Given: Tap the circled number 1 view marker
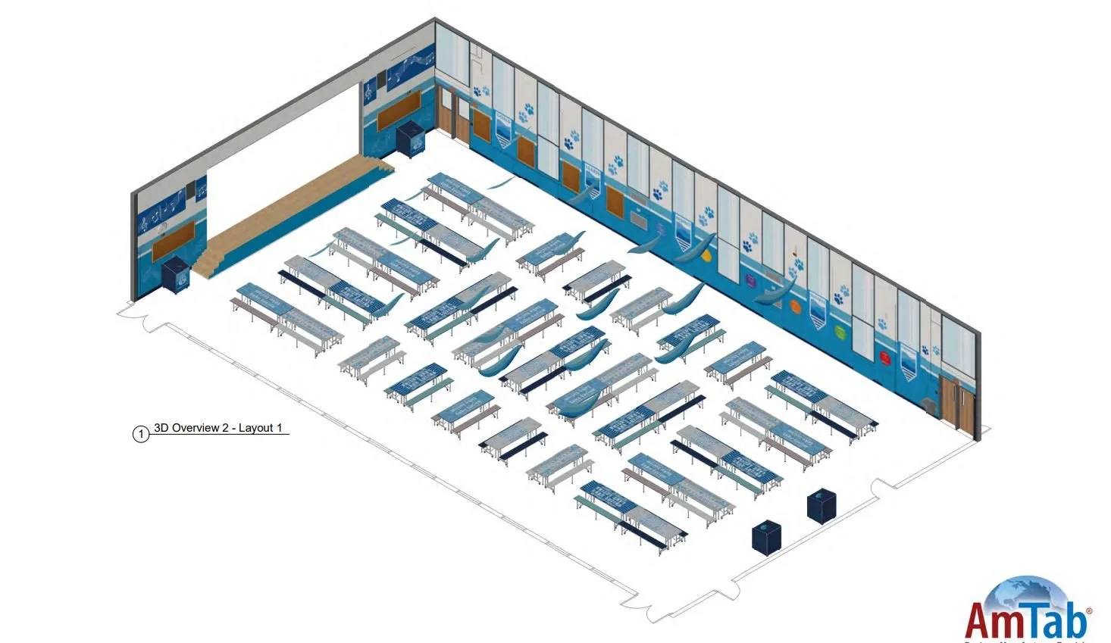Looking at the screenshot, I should click(x=141, y=434).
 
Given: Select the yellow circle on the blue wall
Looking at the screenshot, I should click(x=706, y=256).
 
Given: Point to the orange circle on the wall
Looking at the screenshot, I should click(x=795, y=307).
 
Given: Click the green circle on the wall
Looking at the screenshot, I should click(x=839, y=331).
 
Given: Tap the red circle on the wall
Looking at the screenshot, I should click(x=884, y=355).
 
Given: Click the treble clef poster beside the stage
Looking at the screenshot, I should click(x=369, y=91).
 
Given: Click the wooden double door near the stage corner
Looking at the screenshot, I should click(x=452, y=113).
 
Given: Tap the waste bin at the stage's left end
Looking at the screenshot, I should click(x=175, y=275).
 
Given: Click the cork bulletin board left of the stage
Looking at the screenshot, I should click(x=173, y=247).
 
